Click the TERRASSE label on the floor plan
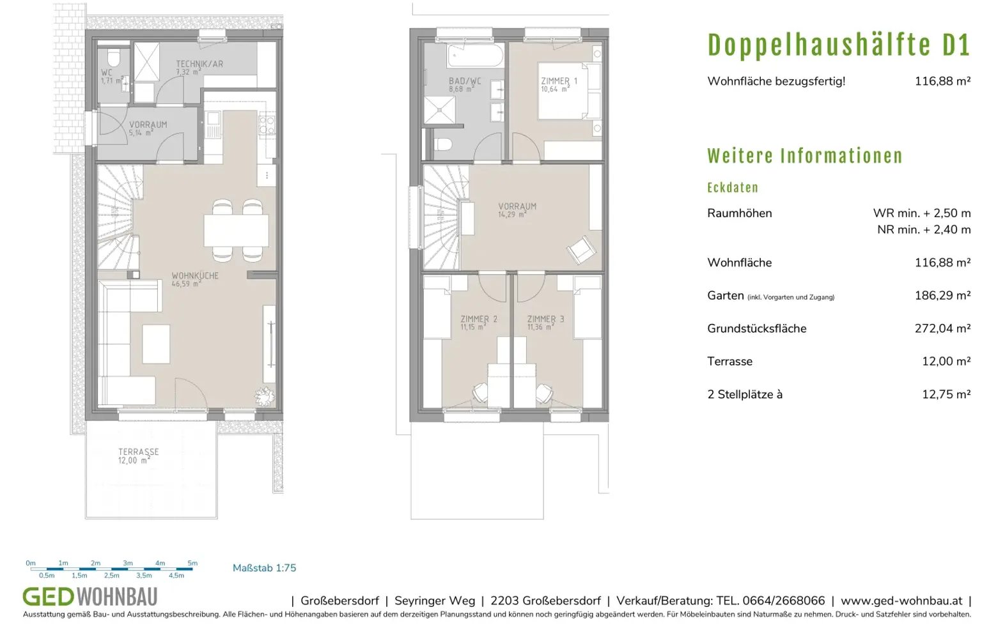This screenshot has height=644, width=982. tap(139, 451)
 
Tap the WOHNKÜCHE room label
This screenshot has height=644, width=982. tap(194, 275)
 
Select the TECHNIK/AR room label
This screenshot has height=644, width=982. tap(199, 64)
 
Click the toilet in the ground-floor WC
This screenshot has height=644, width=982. tap(114, 57)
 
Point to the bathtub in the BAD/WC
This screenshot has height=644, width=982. tap(475, 55)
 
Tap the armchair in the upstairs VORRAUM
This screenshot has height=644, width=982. tap(581, 250)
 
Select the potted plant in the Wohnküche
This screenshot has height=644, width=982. tap(265, 397)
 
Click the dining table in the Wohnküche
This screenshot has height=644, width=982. tap(237, 230)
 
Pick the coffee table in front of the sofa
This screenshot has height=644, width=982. tap(156, 344)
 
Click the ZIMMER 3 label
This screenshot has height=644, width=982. tap(545, 319)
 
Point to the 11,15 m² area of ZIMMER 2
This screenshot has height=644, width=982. tap(473, 327)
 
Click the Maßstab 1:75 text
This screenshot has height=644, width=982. tap(264, 568)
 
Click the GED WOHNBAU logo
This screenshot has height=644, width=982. tap(90, 596)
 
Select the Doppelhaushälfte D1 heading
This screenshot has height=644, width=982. tap(839, 45)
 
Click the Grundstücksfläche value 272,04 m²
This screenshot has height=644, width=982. tap(942, 328)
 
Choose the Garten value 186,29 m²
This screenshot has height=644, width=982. tap(942, 295)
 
